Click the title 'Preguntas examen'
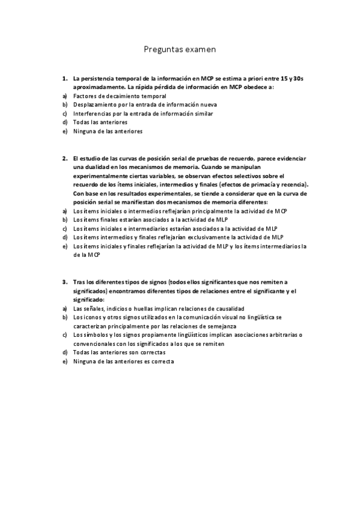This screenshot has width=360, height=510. click(x=180, y=49)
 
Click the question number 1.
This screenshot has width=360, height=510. click(x=64, y=79)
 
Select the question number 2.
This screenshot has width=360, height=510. click(x=64, y=159)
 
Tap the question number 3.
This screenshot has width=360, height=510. click(x=64, y=281)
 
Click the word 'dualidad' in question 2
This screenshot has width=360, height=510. click(x=91, y=167)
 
